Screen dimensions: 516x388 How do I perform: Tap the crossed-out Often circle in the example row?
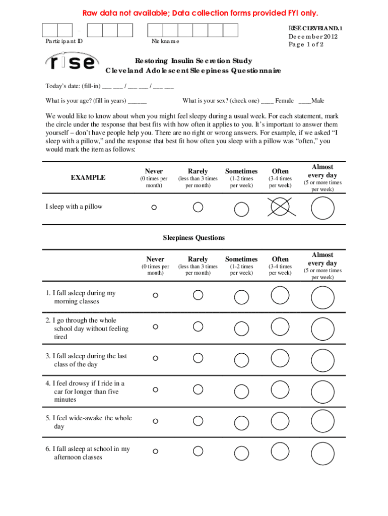[280, 207]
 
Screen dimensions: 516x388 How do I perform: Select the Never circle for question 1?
[155, 295]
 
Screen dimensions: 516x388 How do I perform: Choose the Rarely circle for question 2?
[198, 327]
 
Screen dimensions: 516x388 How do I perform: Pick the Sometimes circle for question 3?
[241, 358]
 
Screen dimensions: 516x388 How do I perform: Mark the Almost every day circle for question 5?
[322, 421]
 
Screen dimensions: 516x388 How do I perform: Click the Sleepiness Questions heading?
[193, 237]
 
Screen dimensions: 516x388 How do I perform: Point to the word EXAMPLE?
[88, 177]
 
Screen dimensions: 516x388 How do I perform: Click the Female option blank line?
[267, 101]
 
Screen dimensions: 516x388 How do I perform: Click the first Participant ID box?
[49, 30]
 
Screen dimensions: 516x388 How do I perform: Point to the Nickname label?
[165, 41]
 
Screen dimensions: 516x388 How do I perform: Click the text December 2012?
[313, 36]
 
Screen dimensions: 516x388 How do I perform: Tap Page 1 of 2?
[306, 44]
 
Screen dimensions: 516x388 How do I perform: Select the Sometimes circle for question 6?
[241, 451]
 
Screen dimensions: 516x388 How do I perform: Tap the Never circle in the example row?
[154, 207]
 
